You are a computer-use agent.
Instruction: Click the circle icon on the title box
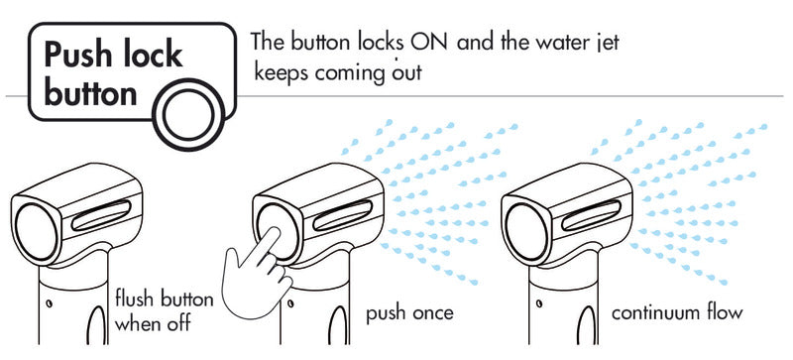pos(188,114)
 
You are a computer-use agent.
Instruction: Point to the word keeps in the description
pos(280,72)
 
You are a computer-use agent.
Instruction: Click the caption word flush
pos(135,300)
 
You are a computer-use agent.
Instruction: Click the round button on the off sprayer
pos(37,231)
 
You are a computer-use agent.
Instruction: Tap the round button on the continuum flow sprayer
pos(526,231)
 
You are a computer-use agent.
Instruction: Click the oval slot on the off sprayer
pos(101,214)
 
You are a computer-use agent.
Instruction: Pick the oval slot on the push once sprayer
pos(342,214)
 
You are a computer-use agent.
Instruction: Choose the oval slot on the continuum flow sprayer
pos(591,214)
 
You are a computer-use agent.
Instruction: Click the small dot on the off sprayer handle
pos(49,303)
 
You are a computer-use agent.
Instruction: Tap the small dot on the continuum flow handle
pos(539,303)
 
